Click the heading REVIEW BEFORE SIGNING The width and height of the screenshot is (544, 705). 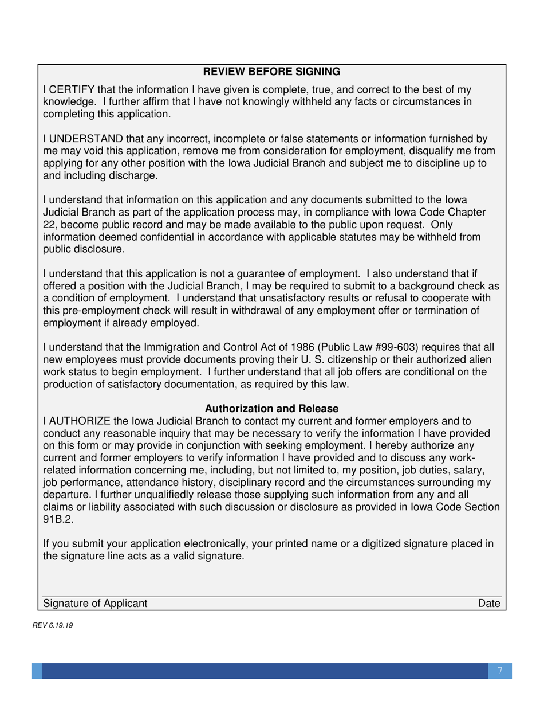tap(272, 72)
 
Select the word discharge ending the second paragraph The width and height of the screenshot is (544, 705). tap(131, 177)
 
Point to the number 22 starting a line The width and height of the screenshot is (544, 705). tap(49, 225)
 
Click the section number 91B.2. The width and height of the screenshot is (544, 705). tap(58, 520)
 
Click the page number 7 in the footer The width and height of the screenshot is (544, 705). tap(499, 671)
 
